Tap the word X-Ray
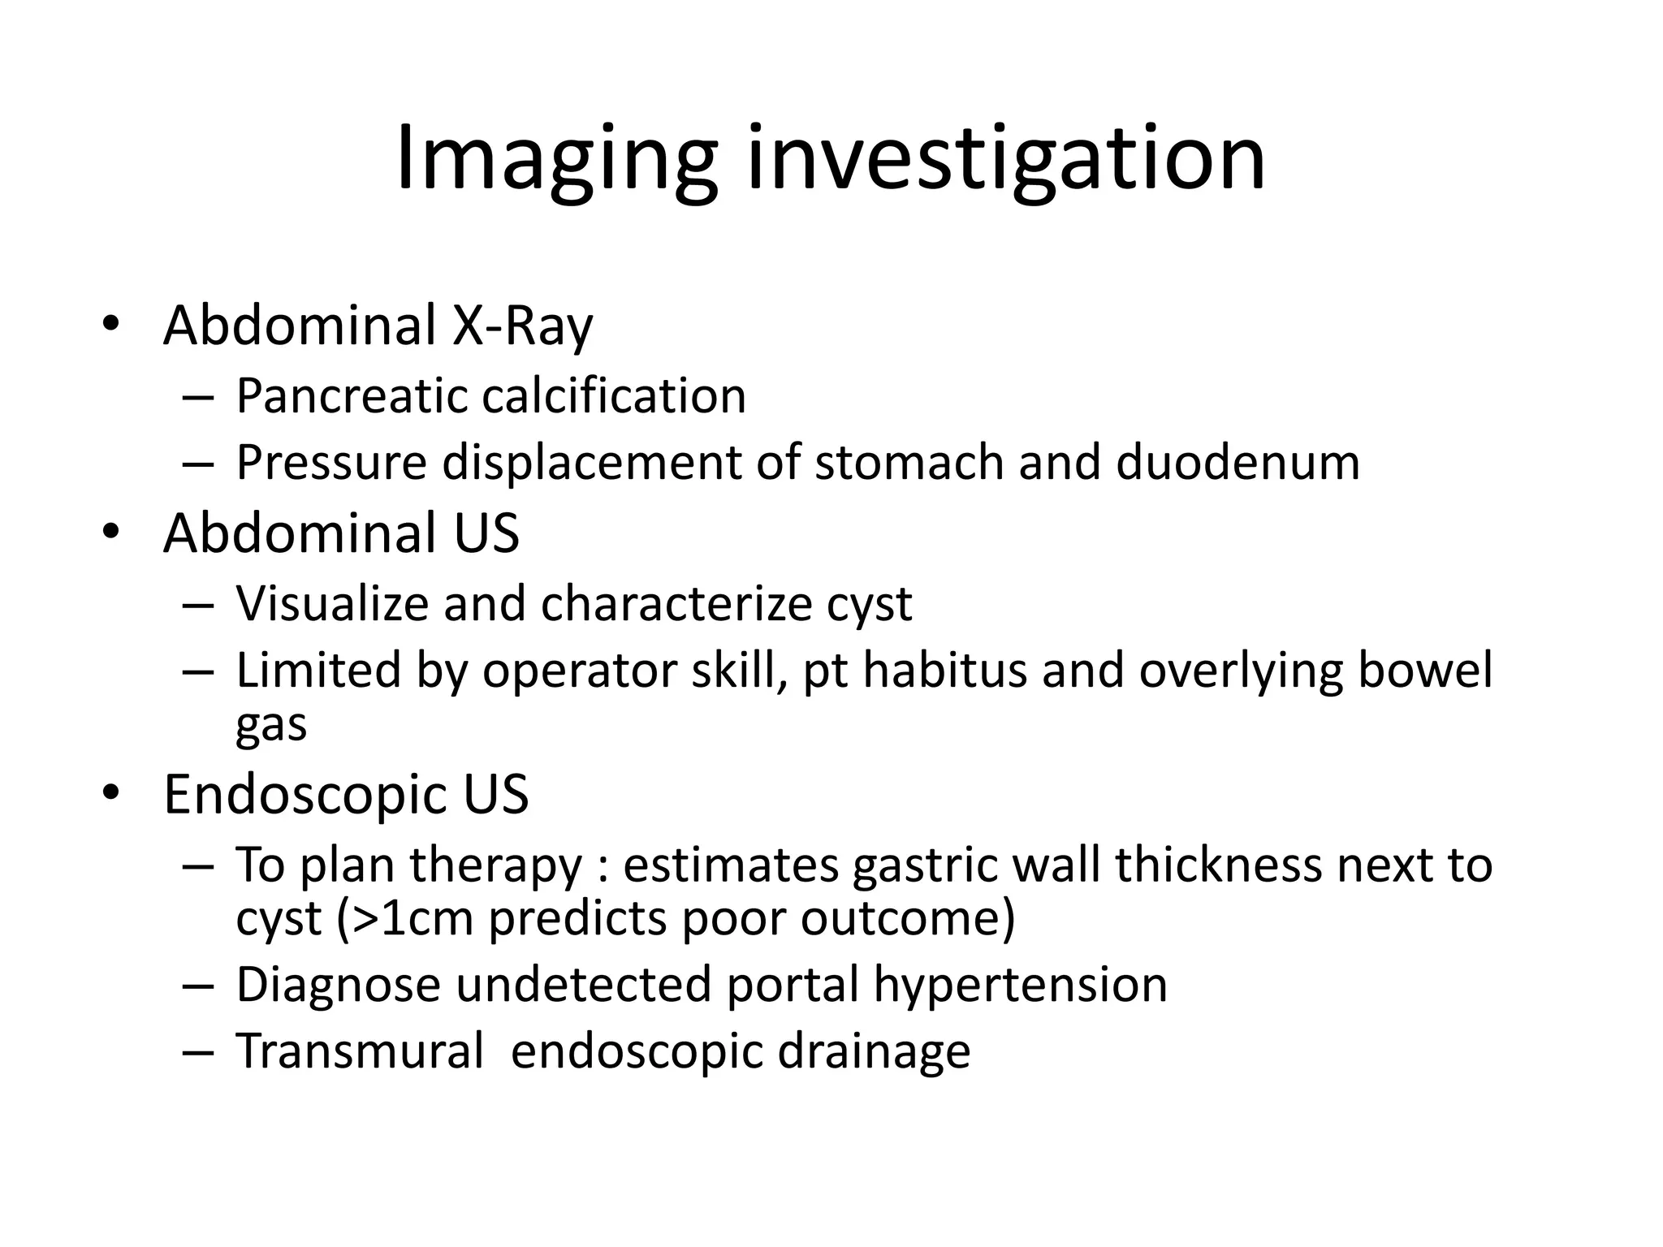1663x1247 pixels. (522, 326)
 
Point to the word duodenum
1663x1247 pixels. (1238, 463)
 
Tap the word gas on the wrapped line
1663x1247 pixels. (271, 725)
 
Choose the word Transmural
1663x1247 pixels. (360, 1051)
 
